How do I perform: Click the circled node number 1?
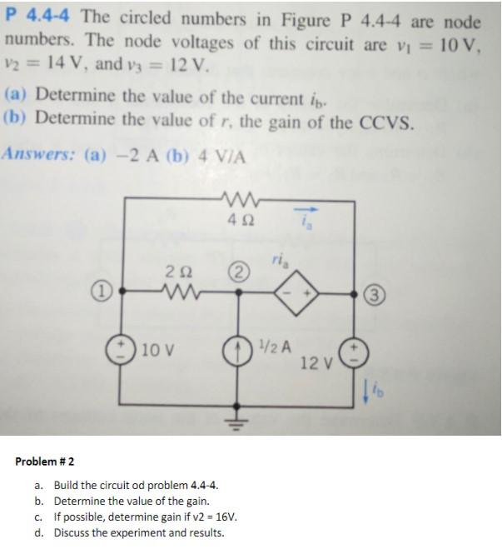tap(100, 292)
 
